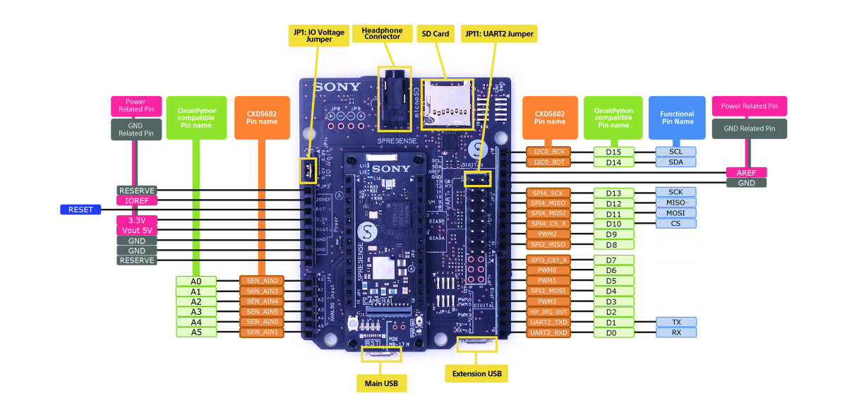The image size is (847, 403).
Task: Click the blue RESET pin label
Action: point(81,210)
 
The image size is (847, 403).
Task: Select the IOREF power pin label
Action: point(137,200)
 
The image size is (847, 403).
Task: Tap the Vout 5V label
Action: point(137,230)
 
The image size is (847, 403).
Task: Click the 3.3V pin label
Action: point(137,220)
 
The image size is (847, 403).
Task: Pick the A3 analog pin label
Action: point(196,312)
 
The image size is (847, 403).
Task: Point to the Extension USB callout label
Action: point(476,373)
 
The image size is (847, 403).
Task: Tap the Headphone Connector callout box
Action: point(382,33)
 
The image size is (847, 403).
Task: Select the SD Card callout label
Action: point(435,33)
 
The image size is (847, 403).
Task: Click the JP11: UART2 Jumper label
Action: point(498,33)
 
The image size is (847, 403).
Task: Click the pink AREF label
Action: point(746,172)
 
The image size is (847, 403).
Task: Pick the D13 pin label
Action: point(613,193)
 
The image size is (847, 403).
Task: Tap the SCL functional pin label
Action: point(676,152)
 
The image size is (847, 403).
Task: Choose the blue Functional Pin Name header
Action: point(677,118)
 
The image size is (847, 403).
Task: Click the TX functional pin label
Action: point(676,322)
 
